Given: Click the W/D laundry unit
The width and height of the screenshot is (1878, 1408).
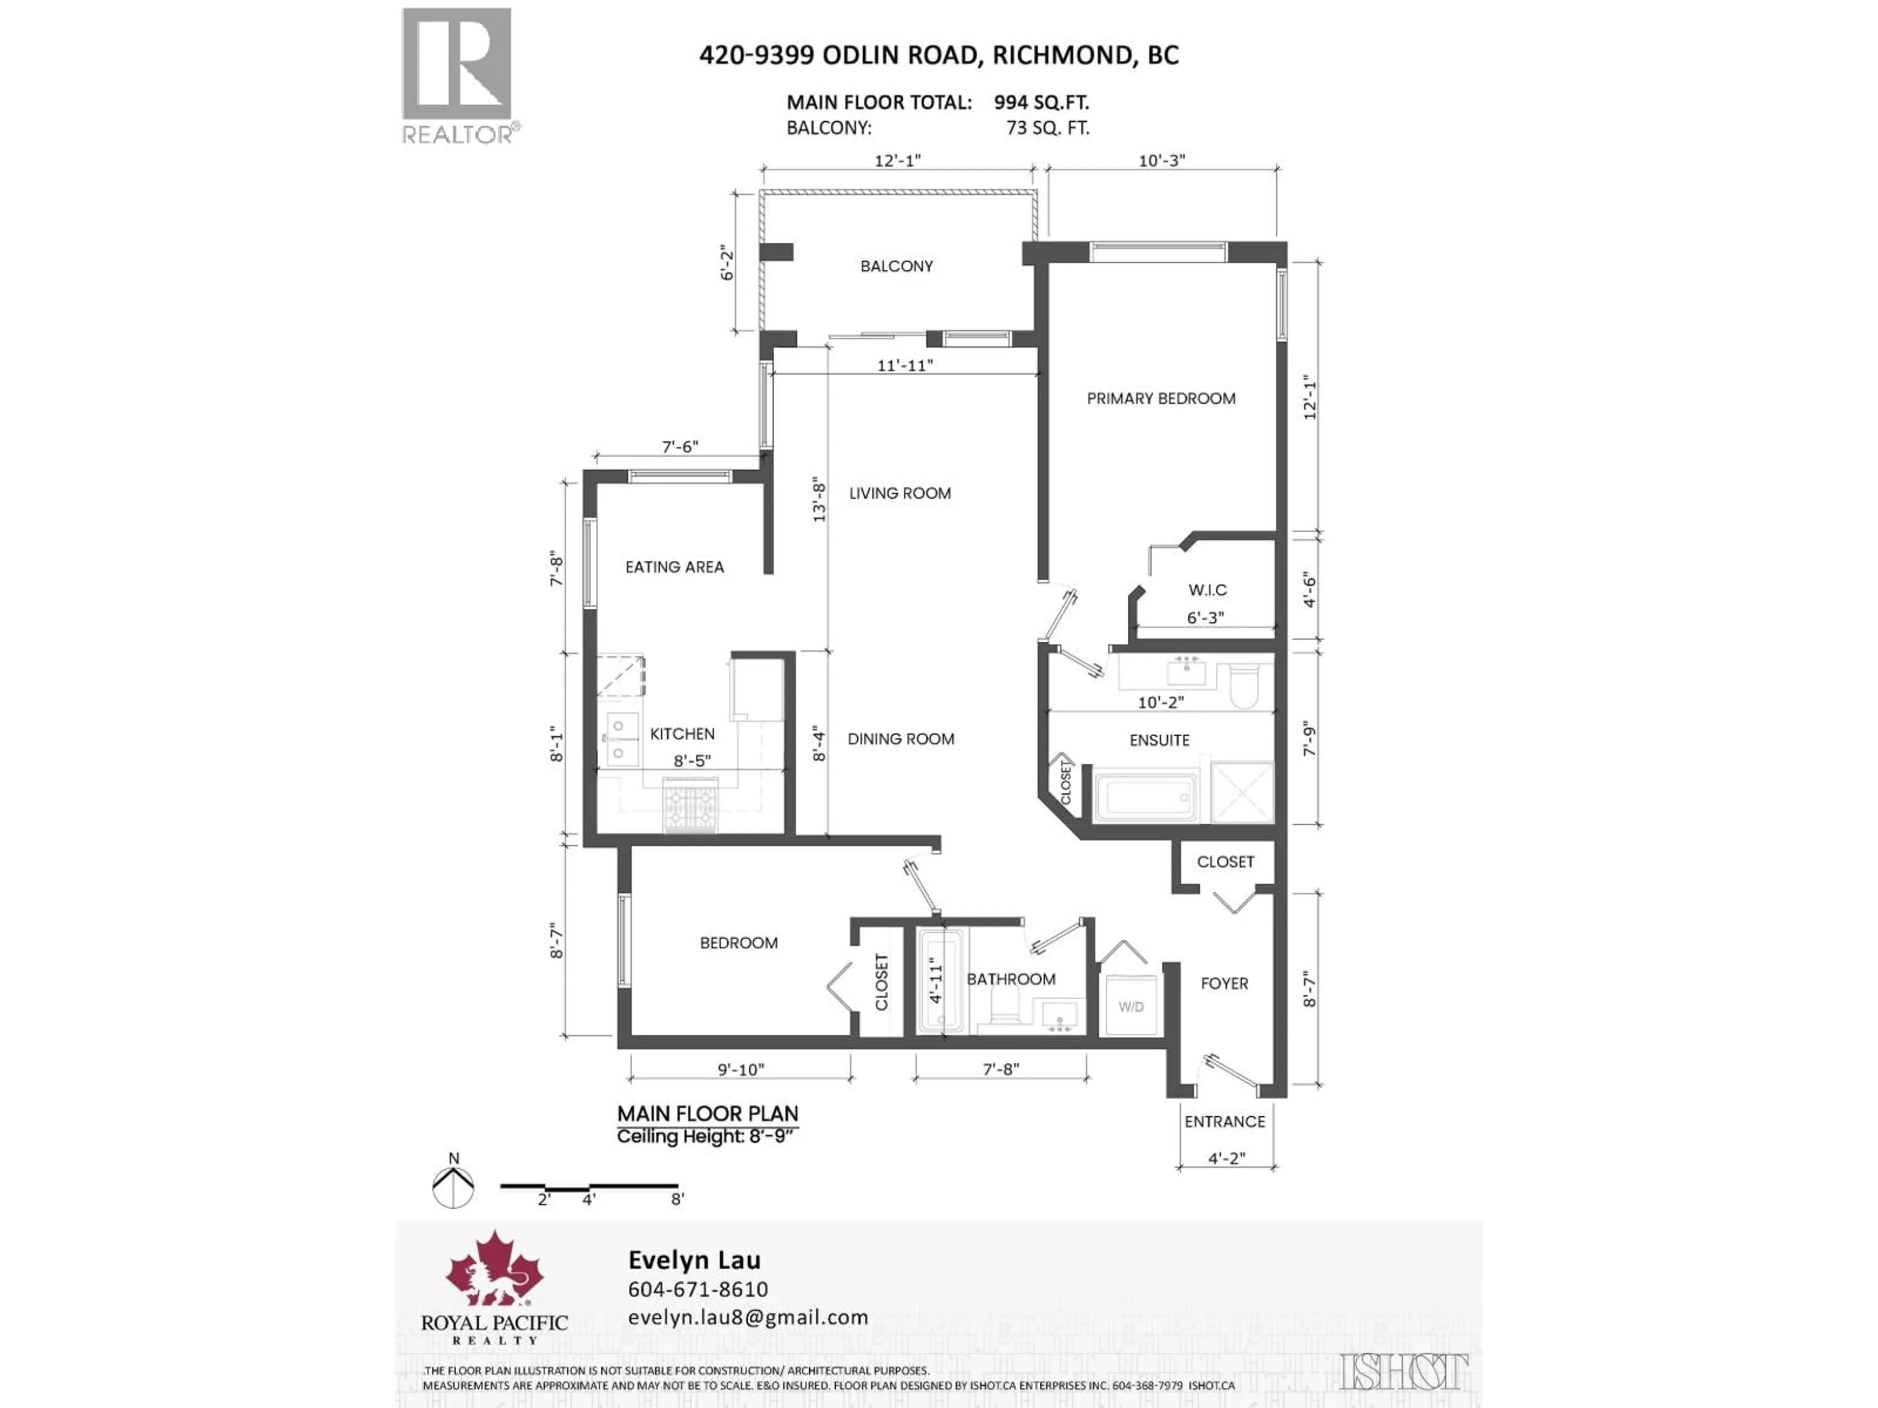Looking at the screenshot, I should click(1130, 1007).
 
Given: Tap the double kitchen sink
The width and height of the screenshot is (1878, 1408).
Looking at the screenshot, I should click(622, 738).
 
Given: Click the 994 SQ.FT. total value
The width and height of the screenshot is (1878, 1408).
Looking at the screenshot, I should click(1041, 103).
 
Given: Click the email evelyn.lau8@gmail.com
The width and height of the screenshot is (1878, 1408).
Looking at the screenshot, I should click(747, 1317).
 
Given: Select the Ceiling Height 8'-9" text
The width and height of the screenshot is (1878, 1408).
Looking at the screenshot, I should click(707, 1136).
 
